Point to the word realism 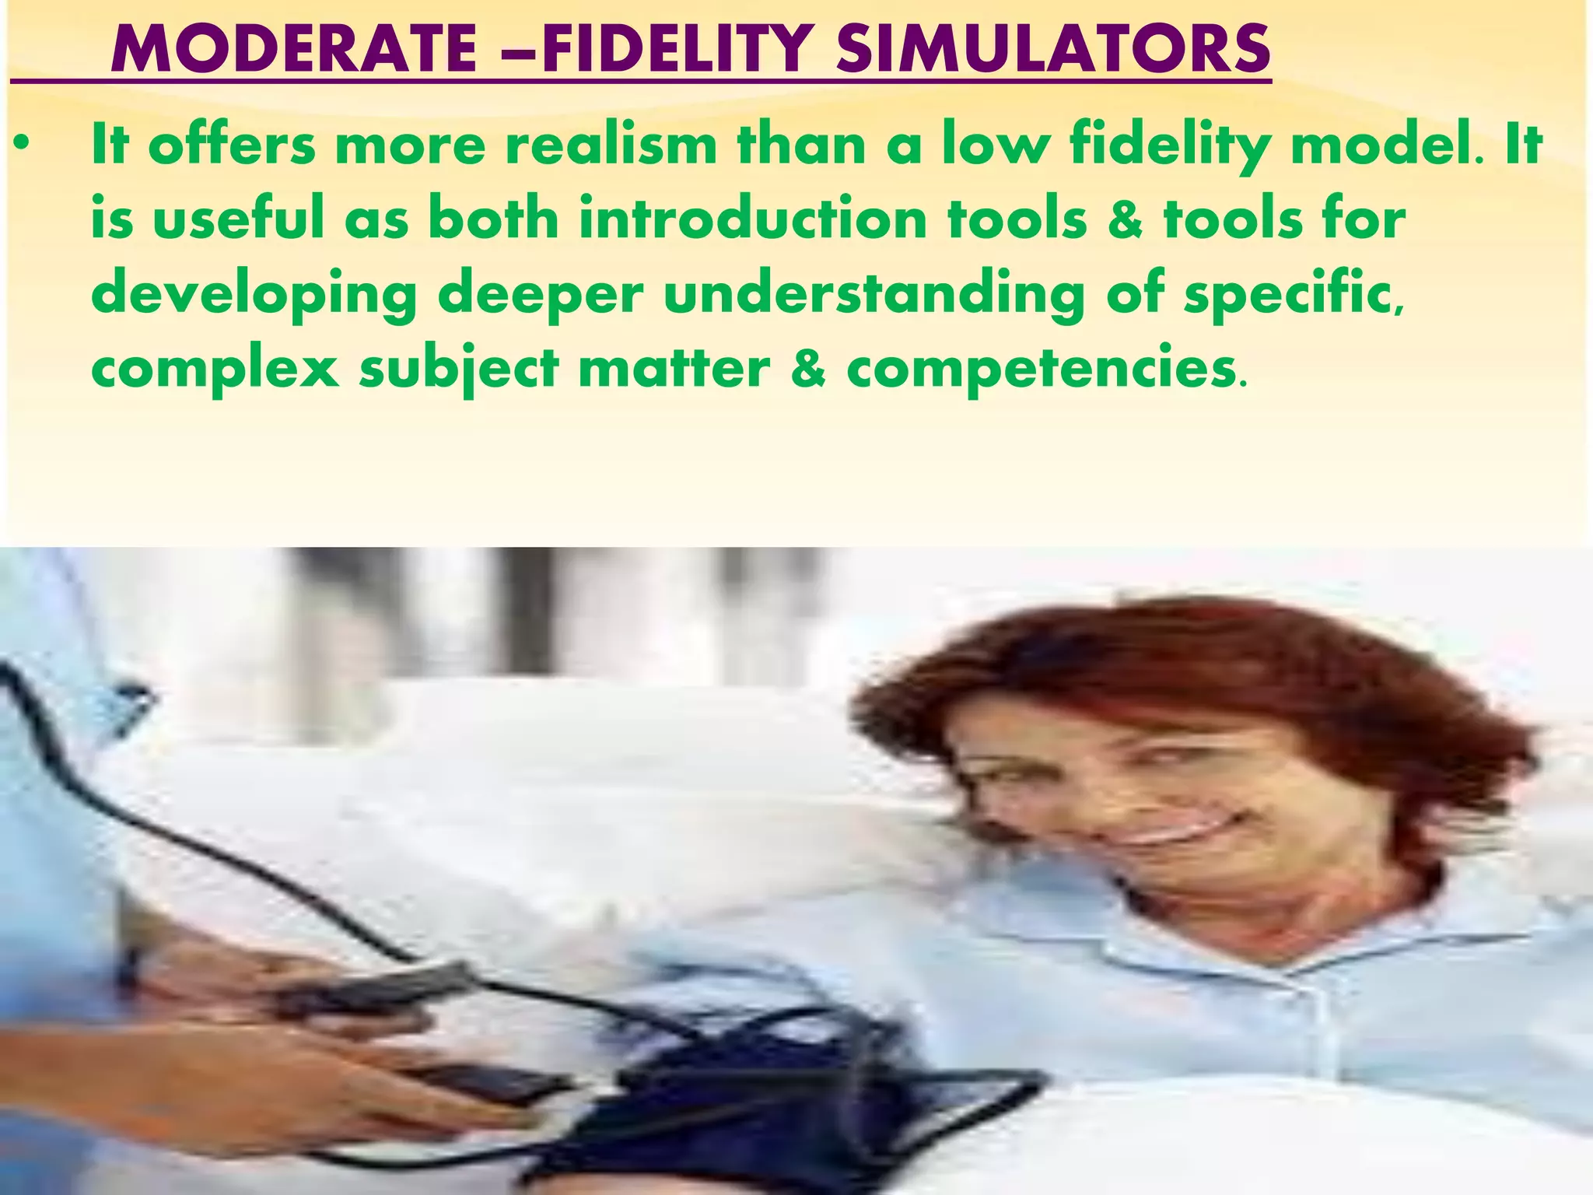pyautogui.click(x=611, y=145)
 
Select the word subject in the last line pyautogui.click(x=458, y=368)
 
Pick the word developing pyautogui.click(x=254, y=294)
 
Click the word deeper pyautogui.click(x=541, y=294)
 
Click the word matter pyautogui.click(x=674, y=368)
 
